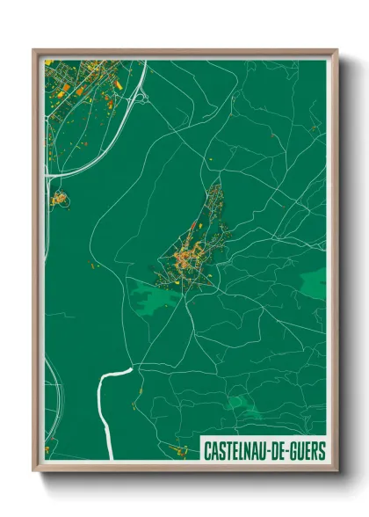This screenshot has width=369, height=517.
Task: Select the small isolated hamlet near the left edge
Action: click(x=59, y=200)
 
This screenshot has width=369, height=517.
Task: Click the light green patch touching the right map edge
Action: click(x=314, y=282)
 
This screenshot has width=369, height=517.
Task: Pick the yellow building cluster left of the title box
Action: click(x=179, y=451)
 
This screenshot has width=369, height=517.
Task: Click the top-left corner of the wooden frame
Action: click(x=34, y=51)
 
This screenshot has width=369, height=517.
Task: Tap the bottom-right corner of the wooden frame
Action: click(x=337, y=471)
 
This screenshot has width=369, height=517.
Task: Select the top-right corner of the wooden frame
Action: click(x=337, y=51)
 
